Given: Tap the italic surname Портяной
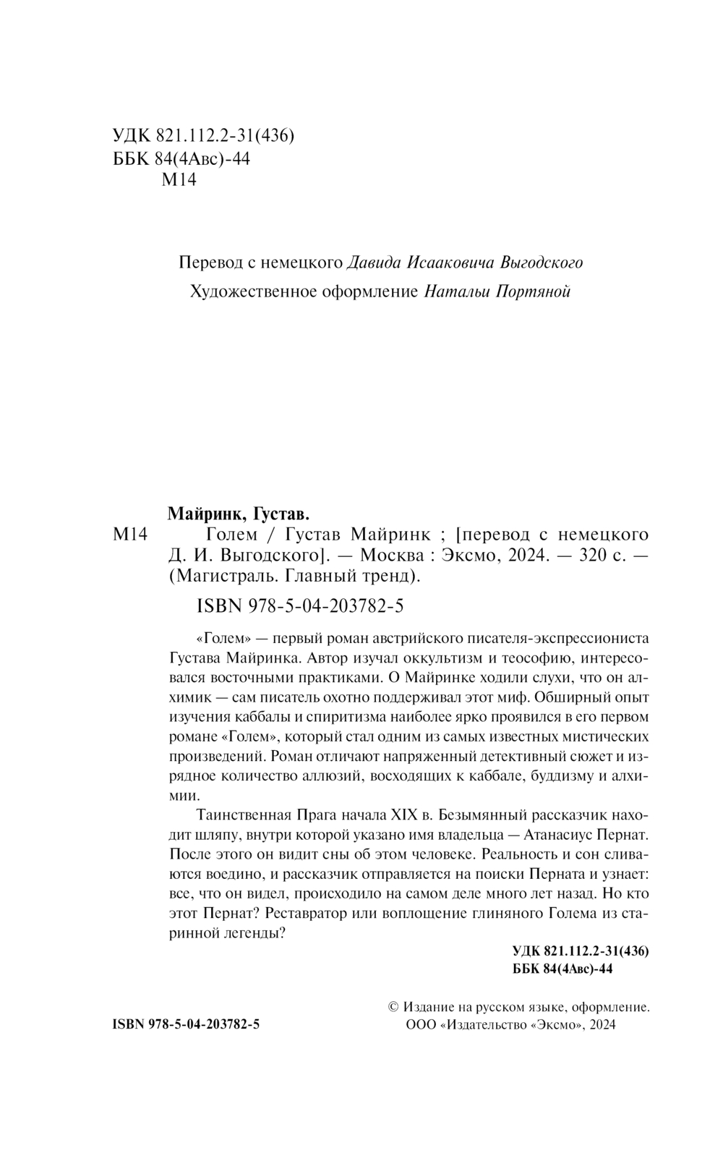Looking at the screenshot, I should [x=535, y=292].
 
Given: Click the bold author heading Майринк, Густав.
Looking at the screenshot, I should [x=238, y=514].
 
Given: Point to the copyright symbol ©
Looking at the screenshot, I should [x=394, y=1006].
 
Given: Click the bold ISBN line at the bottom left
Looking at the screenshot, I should [x=187, y=1025].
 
